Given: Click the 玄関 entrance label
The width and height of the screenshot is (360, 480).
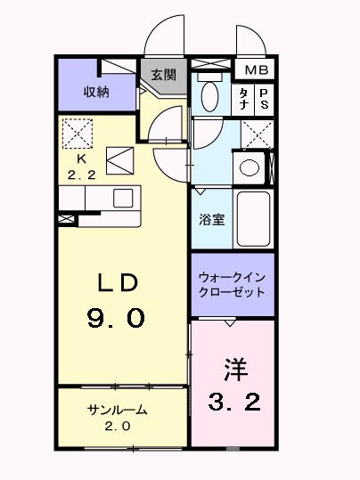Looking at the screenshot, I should click(x=162, y=75).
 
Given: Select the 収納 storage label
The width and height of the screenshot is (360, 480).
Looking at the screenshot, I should click(x=97, y=92).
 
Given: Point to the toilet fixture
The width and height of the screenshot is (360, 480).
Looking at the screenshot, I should click(x=211, y=94).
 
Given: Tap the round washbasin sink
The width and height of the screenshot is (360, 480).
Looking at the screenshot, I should click(x=250, y=167).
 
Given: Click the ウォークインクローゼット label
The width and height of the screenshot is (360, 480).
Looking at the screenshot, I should click(x=232, y=284).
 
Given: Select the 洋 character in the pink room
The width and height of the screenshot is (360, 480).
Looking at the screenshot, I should click(x=234, y=367).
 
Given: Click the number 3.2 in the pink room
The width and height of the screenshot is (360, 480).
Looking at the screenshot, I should click(x=234, y=403).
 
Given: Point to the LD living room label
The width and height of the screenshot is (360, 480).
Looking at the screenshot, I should click(x=117, y=284).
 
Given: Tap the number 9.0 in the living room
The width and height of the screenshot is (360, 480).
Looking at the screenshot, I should click(x=116, y=318).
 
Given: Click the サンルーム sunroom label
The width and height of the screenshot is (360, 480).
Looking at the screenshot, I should click(x=117, y=411).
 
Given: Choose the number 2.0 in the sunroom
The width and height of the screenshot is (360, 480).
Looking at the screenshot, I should click(x=117, y=427).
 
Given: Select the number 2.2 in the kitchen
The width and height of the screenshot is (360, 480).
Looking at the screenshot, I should click(x=81, y=175).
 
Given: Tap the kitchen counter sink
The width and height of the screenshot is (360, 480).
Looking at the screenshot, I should click(x=122, y=197).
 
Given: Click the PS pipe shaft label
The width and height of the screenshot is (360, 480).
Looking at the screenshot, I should click(x=265, y=98).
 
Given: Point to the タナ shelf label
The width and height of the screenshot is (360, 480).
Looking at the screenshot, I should click(x=243, y=98).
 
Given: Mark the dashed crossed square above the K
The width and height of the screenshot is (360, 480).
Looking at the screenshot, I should click(x=78, y=134).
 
